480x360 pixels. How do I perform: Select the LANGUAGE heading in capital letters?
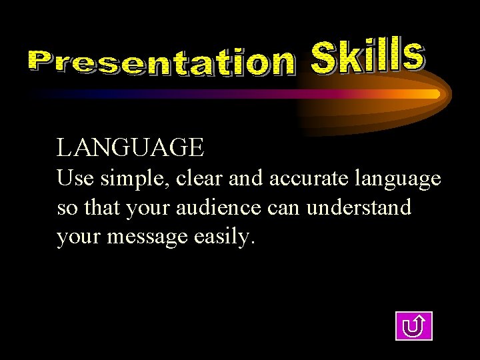[x=130, y=147]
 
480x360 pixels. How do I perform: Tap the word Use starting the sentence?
[x=72, y=179]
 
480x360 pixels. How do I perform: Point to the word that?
[x=98, y=208]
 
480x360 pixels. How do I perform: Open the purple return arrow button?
[x=414, y=326]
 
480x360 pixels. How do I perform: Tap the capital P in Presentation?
[x=41, y=62]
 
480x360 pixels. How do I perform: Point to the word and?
[x=245, y=179]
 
